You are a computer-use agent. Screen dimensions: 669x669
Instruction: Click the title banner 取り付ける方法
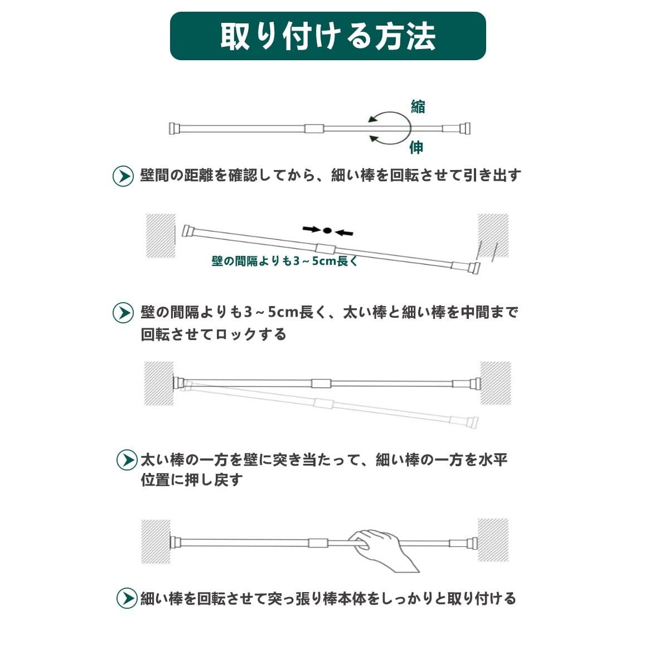[328, 36]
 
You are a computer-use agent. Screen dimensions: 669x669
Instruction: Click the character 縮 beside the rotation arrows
[418, 106]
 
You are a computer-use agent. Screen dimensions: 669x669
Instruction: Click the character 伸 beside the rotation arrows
[416, 147]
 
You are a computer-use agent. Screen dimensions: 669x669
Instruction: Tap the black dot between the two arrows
[328, 230]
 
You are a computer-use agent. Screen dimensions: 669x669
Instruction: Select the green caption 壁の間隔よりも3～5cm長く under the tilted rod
[284, 260]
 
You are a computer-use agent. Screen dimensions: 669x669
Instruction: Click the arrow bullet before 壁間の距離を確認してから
[123, 176]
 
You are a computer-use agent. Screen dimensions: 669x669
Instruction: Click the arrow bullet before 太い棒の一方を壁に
[127, 460]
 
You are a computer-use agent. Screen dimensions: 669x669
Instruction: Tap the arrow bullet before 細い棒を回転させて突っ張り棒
[127, 598]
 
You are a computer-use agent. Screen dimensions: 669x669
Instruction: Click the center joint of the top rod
[314, 129]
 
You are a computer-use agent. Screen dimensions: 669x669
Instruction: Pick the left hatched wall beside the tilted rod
[161, 235]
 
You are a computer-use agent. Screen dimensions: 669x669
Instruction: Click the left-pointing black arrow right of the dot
[345, 231]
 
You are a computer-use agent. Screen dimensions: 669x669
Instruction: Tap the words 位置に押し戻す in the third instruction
[192, 479]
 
